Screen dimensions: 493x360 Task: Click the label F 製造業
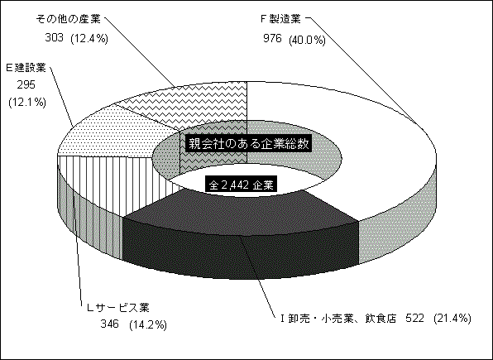pos(280,20)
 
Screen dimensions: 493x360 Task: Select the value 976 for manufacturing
pos(273,39)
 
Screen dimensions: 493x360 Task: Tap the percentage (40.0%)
pos(307,40)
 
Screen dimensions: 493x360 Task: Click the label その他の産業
pos(69,19)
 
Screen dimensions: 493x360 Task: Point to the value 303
pos(55,38)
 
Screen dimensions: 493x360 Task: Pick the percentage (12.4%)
pos(89,39)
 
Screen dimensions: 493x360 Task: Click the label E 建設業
pos(26,68)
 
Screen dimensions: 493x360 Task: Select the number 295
pos(26,85)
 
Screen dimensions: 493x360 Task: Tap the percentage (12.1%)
pos(27,103)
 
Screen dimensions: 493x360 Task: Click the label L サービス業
pos(118,307)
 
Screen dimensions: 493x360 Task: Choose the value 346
pos(110,324)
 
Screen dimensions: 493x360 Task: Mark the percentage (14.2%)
pos(147,324)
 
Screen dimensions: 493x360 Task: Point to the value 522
pos(414,319)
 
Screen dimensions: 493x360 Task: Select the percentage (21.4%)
pos(452,319)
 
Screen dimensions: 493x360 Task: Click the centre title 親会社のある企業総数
pos(248,144)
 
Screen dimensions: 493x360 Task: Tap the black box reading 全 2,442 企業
pos(241,185)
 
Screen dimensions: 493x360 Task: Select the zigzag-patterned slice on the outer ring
pos(195,103)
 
